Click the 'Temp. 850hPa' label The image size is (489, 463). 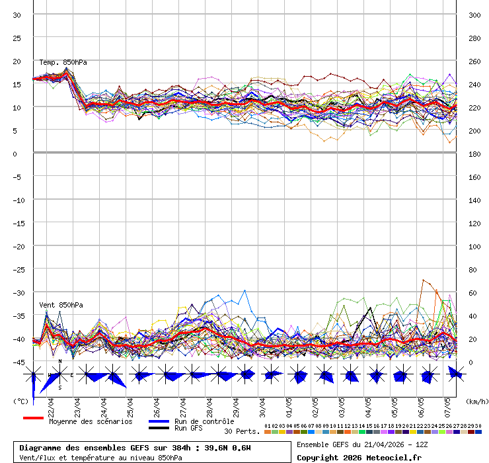(63, 62)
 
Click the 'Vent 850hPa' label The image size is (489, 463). (56, 305)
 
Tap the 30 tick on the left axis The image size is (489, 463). (17, 15)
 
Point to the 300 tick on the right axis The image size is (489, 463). (474, 15)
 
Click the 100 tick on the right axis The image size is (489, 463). (474, 246)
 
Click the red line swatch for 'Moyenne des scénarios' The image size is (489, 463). (33, 418)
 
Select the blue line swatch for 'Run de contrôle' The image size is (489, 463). (159, 421)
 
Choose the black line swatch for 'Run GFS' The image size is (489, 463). (159, 428)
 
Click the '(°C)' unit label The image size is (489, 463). (20, 401)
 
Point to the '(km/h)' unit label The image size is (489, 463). (476, 401)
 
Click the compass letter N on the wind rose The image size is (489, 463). (60, 362)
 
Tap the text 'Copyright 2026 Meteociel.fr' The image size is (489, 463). (359, 457)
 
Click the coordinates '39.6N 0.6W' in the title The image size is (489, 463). (227, 448)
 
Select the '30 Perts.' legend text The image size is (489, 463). (241, 431)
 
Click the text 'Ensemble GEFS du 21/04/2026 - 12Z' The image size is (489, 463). (363, 444)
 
